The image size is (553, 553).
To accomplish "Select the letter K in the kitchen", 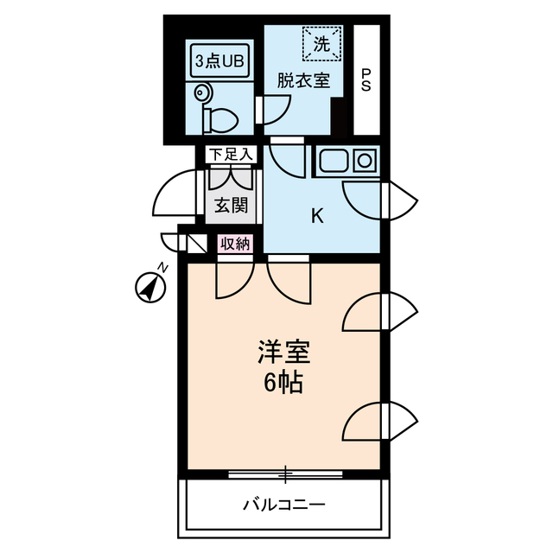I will [317, 217].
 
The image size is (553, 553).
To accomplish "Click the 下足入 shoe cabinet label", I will [231, 156].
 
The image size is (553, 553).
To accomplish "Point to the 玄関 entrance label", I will [231, 206].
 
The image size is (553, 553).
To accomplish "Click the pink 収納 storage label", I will [234, 244].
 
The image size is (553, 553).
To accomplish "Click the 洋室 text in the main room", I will [283, 352].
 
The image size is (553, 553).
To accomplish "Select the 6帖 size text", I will [283, 384].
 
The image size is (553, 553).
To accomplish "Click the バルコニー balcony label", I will [283, 505].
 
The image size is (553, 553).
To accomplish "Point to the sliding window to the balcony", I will [285, 474].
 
